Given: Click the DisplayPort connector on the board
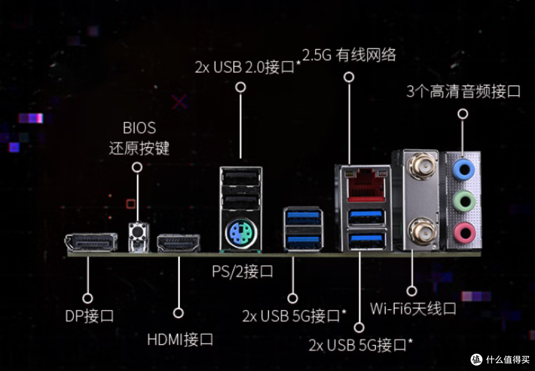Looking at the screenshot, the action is pos(91,243).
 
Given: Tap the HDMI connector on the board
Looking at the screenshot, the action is pos(178,243).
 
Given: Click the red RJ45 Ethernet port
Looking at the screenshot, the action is pos(366,185).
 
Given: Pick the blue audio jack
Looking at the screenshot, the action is pos(464,169).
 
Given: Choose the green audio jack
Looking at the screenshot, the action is pos(464,202).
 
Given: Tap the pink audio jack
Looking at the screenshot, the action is pos(464,233).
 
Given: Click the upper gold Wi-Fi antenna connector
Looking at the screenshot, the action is pos(422,166).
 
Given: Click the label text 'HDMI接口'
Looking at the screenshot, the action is pos(180,340).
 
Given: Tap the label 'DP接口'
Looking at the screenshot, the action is pos(89,316).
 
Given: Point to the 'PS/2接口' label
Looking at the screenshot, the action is pos(243,271).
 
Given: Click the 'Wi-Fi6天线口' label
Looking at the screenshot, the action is pos(413,309).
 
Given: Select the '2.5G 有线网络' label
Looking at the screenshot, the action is pos(349,55).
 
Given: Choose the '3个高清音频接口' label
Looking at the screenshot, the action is pos(463,92).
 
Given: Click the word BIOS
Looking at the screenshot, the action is pos(139,128).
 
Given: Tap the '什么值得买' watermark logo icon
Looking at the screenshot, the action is pos(477,359).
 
